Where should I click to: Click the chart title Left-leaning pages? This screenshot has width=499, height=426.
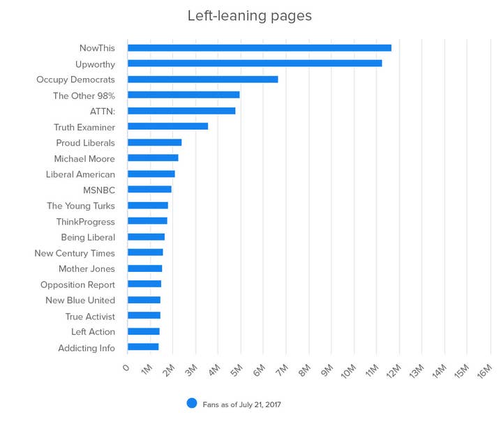249,15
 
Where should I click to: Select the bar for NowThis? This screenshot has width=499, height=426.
259,47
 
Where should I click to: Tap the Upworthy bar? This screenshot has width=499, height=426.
255,63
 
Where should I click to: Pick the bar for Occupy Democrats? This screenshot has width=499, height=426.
202,79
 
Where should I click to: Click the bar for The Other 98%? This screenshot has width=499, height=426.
184,95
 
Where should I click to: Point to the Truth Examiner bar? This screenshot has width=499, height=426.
167,126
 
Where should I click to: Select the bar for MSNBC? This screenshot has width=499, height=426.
149,189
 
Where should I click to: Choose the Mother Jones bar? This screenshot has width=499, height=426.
144,268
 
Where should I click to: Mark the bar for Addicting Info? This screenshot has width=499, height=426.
143,347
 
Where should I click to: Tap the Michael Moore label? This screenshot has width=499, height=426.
84,158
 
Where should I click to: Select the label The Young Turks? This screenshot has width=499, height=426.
81,206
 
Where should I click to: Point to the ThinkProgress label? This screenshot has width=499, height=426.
86,222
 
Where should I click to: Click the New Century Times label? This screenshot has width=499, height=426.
75,253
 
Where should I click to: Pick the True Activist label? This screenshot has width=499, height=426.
90,317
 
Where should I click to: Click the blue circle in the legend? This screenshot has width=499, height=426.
192,404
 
